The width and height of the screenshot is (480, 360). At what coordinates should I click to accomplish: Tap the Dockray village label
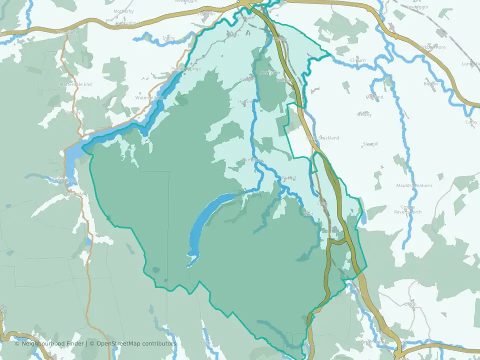72,112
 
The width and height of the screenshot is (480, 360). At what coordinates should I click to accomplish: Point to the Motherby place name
124,10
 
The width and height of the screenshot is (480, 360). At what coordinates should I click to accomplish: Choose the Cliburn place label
358,60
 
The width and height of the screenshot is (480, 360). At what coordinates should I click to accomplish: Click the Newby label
364,114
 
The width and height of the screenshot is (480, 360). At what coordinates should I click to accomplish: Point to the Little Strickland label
322,138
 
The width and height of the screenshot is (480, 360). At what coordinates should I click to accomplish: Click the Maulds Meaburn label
414,185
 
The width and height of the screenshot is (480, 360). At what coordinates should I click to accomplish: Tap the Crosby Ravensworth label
411,209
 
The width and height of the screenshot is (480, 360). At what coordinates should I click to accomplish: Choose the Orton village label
410,304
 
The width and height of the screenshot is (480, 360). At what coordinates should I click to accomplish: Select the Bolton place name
430,83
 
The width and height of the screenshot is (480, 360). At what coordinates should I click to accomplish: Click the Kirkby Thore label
432,47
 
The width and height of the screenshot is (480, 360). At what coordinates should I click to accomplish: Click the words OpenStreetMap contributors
136,343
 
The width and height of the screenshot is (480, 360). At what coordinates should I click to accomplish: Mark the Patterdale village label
75,193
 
